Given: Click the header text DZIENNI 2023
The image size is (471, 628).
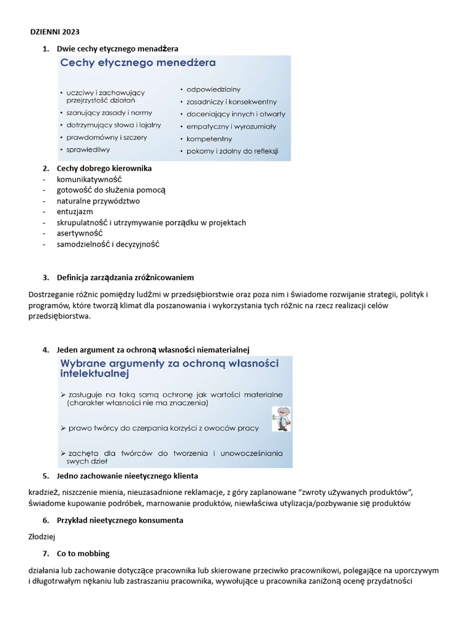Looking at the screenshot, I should tap(55, 32).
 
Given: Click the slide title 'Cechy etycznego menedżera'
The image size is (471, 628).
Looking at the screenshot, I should tap(137, 63).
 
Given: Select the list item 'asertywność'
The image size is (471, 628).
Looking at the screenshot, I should tap(80, 233).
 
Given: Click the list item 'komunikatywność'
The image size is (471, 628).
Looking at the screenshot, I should tap(90, 179).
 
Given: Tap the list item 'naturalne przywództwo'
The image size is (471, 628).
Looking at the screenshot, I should tap(98, 201).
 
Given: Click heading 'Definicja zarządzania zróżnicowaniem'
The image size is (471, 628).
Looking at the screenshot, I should tap(125, 277).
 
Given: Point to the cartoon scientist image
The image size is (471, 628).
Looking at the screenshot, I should tap(281, 419).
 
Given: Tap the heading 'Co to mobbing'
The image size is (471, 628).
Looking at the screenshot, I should tap(83, 553).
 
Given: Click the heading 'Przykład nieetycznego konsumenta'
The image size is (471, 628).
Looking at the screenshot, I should tap(120, 520).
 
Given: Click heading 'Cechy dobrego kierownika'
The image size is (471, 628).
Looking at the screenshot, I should tap(104, 168).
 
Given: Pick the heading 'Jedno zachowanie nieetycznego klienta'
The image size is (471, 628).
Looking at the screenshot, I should tap(127, 476).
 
